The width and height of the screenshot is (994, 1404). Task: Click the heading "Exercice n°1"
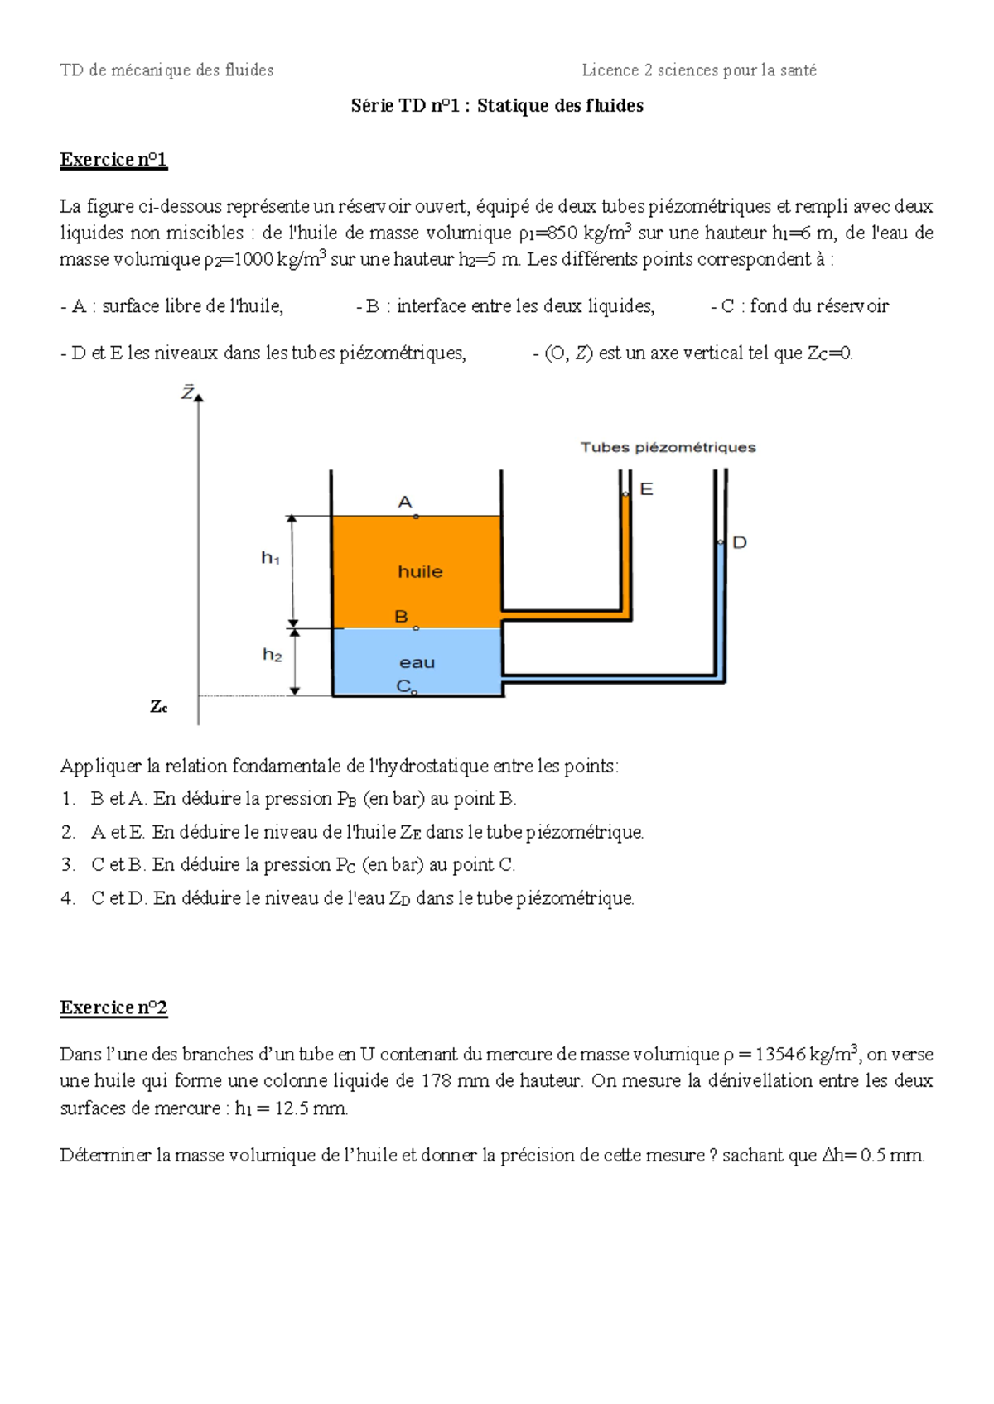[113, 160]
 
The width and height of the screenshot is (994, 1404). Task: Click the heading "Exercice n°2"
[113, 1007]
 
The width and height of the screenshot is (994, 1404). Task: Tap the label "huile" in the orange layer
[420, 571]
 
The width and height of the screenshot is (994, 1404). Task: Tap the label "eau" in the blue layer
[417, 662]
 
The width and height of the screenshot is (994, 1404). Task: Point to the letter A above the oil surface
[405, 502]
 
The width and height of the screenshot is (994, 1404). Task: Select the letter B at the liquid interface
[402, 617]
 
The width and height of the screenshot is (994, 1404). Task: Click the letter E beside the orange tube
[647, 489]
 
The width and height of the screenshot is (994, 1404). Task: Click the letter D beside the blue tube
[740, 542]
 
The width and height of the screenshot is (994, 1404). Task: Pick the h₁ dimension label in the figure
[270, 559]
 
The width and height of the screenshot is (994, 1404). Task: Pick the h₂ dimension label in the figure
[272, 655]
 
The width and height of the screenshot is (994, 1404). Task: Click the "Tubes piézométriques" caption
[668, 447]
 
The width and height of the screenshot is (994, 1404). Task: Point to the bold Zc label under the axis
[158, 707]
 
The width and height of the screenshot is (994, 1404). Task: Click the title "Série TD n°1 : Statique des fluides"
[497, 105]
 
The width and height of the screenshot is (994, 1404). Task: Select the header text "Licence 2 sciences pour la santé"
[699, 70]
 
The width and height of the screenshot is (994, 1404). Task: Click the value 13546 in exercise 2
[780, 1054]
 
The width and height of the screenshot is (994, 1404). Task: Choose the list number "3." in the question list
[68, 865]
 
